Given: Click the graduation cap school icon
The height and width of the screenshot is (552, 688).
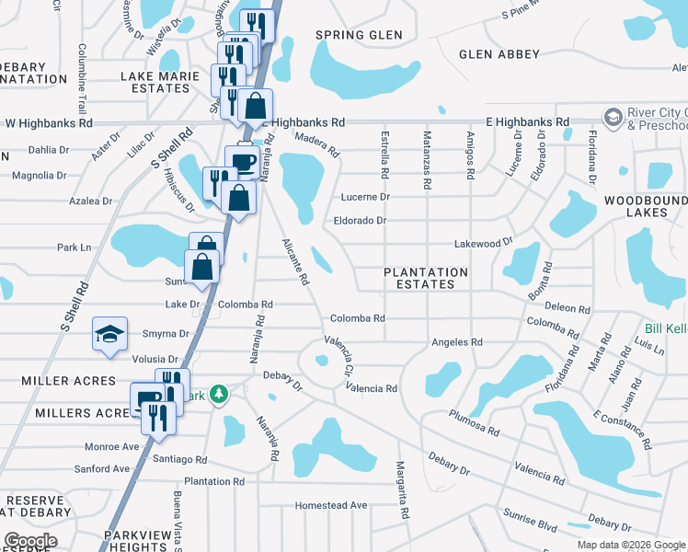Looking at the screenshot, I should coord(109,332).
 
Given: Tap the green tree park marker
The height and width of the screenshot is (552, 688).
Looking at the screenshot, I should coord(218,395).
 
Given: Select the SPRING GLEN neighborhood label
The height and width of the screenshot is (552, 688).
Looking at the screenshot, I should coord(352,35).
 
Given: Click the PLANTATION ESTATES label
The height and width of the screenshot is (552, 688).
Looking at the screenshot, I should coord(425,278).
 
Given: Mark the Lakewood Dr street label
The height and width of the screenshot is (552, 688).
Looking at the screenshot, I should coord(483,244).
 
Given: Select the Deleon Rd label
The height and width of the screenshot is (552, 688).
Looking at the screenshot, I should coord(567,307).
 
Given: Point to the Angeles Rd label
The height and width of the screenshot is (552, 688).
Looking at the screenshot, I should coord(457,342).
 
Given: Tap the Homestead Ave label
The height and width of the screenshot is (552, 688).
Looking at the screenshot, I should coord(330,505).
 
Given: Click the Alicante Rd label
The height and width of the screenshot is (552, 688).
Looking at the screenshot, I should coord(294,261).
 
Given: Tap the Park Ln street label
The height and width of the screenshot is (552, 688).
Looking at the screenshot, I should coord(75,247).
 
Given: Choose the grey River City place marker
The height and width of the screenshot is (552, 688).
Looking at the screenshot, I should coord(613,117).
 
